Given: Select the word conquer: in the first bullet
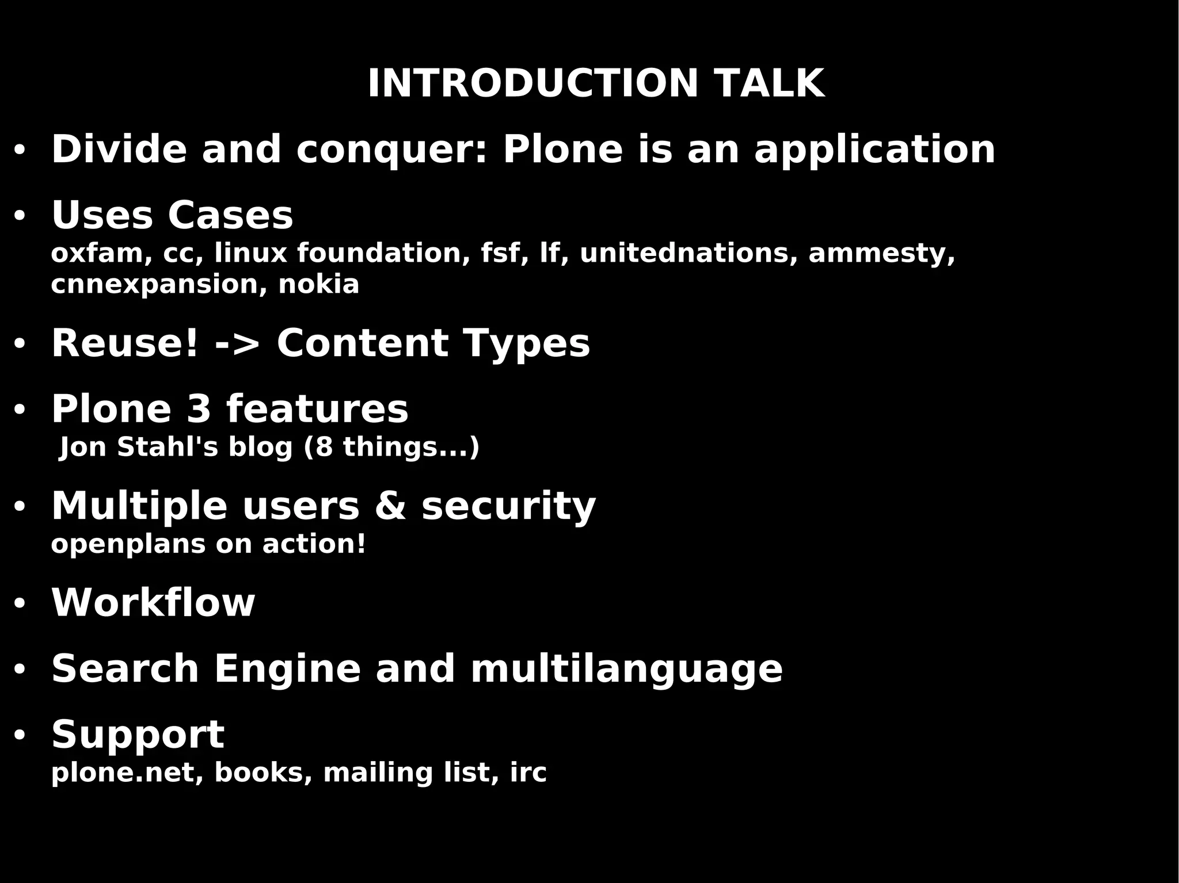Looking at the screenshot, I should [x=392, y=150].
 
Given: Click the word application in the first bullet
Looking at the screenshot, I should [x=874, y=150].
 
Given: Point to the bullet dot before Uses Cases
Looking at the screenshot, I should [x=20, y=216].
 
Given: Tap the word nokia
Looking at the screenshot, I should [x=319, y=285].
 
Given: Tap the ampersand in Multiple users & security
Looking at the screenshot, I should [x=390, y=507].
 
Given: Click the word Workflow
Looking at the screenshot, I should [x=153, y=603].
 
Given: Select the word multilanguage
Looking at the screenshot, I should [x=626, y=670].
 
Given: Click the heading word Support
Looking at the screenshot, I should [x=138, y=735].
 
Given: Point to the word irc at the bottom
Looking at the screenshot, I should [x=528, y=773].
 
